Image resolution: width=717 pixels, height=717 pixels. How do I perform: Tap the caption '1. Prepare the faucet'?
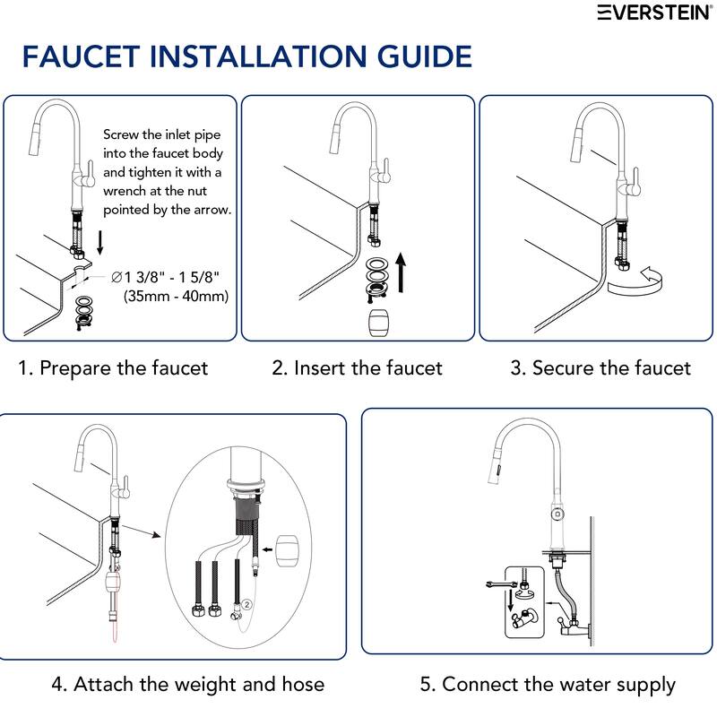(x=113, y=367)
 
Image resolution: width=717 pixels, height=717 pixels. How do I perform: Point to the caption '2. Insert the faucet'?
(x=358, y=367)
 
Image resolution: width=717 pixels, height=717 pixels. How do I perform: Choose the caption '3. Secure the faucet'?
(x=600, y=367)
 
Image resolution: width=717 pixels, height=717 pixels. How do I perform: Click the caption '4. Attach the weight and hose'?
(x=187, y=685)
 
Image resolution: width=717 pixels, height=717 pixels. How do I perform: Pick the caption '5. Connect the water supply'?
(x=548, y=685)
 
